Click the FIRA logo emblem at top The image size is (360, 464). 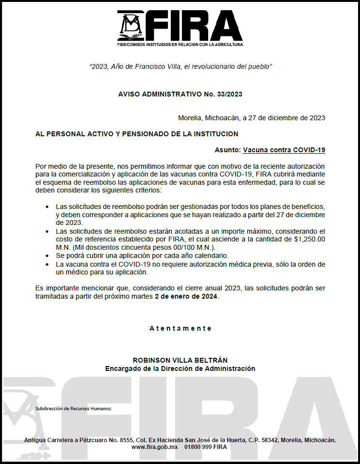[130, 25]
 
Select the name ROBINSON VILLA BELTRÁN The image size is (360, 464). [180, 360]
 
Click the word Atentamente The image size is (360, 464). [180, 328]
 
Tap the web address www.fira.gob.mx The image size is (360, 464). [155, 447]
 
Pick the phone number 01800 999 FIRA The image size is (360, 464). [206, 447]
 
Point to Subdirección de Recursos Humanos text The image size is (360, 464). [73, 408]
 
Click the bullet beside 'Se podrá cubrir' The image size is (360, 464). [47, 256]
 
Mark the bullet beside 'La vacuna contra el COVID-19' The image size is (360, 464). [47, 264]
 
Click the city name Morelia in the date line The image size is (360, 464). [190, 118]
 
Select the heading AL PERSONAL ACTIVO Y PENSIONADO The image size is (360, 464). [137, 133]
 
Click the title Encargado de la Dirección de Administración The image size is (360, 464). [180, 368]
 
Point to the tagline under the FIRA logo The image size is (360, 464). [180, 44]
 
